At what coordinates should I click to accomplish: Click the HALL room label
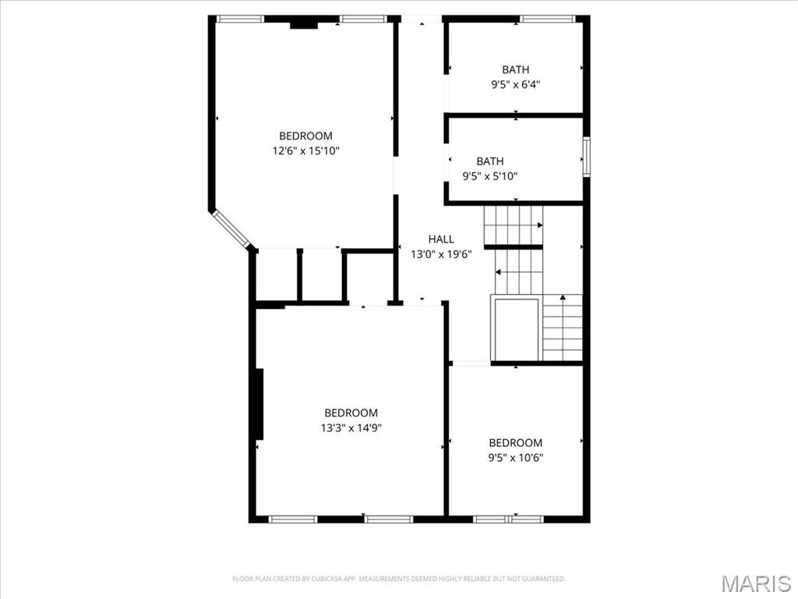pos(441,239)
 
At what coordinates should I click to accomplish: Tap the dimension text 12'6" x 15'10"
pos(306,151)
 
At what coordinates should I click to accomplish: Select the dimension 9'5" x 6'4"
pos(515,84)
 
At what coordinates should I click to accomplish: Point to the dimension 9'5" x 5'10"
pos(489,176)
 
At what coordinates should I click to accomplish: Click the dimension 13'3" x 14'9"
pos(351,427)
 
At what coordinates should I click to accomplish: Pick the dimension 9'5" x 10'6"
pos(515,458)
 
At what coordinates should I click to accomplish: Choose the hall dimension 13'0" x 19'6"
pos(441,253)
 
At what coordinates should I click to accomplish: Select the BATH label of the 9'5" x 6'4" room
pos(515,70)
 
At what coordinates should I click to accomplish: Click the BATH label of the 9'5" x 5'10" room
pos(489,161)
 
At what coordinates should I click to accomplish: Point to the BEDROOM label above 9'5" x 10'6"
pos(515,443)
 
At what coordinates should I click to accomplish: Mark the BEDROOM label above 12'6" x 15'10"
pos(306,136)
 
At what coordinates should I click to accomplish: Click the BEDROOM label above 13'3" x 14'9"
pos(351,413)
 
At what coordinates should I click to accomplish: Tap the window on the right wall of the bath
pos(586,158)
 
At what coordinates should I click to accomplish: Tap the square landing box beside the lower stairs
pos(516,329)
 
